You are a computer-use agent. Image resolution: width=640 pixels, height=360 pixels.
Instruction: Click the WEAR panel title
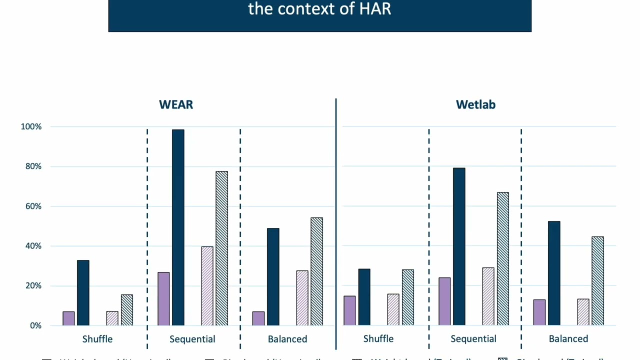point(176,104)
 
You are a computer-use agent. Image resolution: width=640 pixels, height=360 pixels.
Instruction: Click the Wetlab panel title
point(475,104)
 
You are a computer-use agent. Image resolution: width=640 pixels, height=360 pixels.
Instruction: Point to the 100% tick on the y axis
point(31,127)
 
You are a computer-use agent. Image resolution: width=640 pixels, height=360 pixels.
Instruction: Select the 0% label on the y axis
point(35,325)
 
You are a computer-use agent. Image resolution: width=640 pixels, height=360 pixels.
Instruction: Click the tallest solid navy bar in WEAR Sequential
point(178,227)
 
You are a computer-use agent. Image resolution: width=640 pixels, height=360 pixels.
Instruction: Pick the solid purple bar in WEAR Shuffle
point(68,318)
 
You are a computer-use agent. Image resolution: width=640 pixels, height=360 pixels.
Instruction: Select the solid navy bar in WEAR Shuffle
point(83,293)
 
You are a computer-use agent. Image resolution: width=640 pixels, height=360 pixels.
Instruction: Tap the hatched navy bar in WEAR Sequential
point(221,248)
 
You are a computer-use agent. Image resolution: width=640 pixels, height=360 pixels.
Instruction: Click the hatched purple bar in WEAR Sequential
point(207,286)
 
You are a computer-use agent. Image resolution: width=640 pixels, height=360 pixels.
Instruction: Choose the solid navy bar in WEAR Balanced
point(273,277)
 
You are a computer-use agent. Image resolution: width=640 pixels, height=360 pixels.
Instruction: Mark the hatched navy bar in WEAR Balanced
point(316,271)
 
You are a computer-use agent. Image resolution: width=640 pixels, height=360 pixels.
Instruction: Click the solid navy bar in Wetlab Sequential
point(459,247)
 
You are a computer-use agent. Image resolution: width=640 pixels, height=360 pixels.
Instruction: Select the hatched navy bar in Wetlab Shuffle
point(408,297)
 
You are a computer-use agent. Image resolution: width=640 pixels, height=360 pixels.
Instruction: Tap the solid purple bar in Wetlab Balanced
point(539,312)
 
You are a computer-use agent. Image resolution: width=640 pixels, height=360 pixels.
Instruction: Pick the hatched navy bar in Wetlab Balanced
point(597,281)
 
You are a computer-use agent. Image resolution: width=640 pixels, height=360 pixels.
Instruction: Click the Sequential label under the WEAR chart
point(192,339)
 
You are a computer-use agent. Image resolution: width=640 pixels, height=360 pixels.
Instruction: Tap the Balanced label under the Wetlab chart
point(568,339)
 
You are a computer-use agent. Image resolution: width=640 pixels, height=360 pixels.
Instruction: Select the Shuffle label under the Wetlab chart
point(378,339)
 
